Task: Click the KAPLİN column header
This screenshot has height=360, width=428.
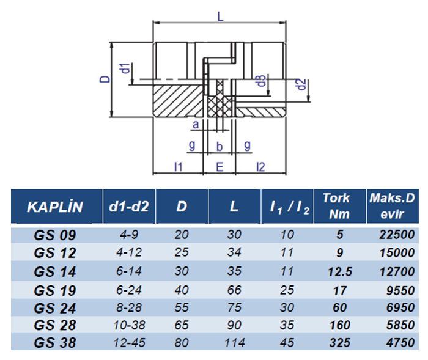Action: pyautogui.click(x=55, y=207)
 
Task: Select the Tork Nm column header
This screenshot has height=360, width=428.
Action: pyautogui.click(x=336, y=207)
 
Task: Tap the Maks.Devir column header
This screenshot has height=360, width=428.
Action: pyautogui.click(x=392, y=207)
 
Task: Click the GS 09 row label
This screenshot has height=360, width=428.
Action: pyautogui.click(x=55, y=235)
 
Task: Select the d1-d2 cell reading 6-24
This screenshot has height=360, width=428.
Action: pyautogui.click(x=130, y=288)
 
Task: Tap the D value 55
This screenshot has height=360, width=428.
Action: pyautogui.click(x=182, y=306)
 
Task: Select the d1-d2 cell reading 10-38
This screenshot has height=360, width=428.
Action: pyautogui.click(x=130, y=324)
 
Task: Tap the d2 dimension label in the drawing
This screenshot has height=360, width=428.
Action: pyautogui.click(x=300, y=84)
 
